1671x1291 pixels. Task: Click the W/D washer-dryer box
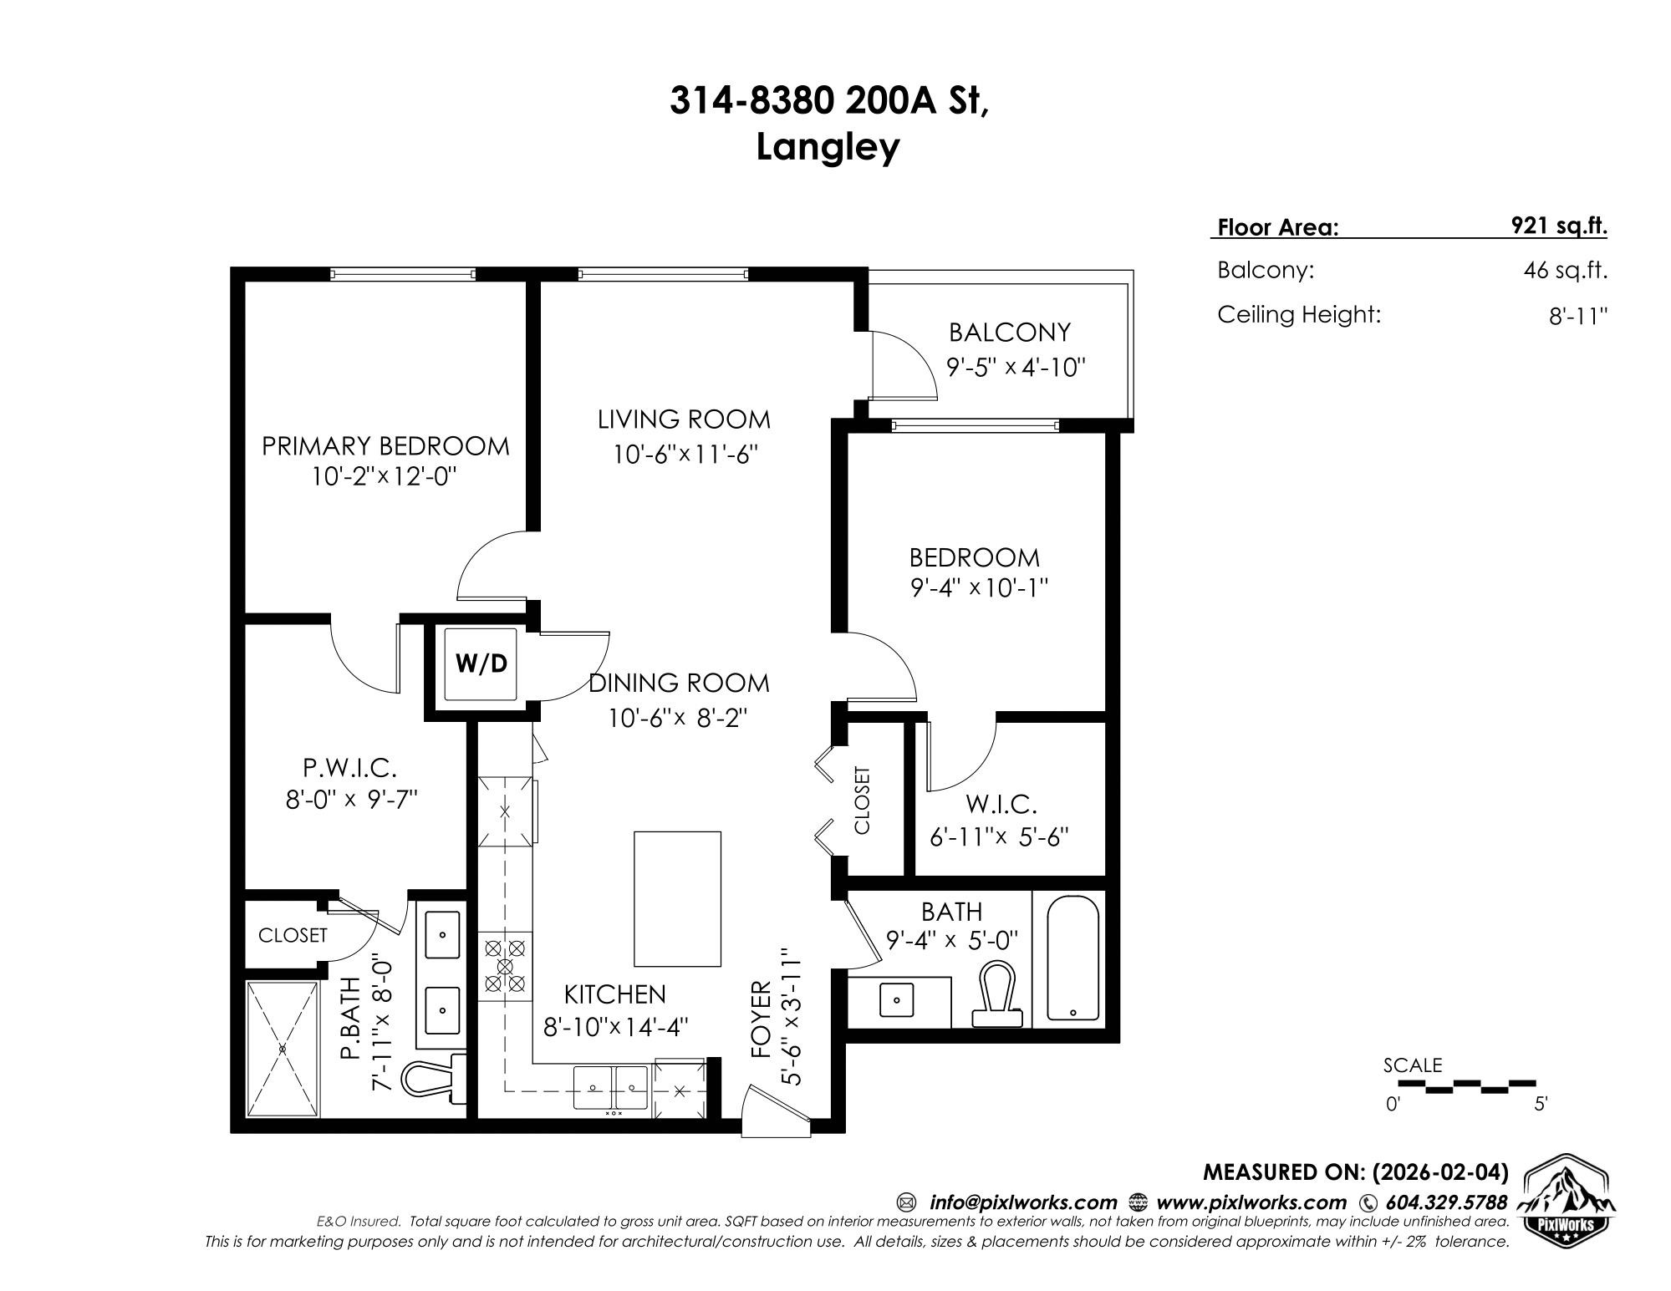(481, 663)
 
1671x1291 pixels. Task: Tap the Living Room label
(684, 419)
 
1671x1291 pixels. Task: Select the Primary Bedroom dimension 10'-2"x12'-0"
(385, 477)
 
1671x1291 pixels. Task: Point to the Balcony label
(1009, 333)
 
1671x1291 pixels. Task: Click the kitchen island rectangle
(677, 898)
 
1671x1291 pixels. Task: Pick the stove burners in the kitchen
(505, 966)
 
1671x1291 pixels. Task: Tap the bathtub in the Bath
(1072, 958)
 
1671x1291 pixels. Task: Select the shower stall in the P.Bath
(283, 1049)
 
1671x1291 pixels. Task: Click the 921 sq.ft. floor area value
(1560, 226)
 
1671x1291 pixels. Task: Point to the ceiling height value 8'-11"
(1578, 316)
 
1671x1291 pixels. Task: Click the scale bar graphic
(1467, 1086)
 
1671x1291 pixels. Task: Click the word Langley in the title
(828, 149)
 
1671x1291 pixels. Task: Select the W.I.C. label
(1001, 805)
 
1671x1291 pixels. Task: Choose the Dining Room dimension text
(677, 718)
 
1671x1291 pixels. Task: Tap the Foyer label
(761, 1019)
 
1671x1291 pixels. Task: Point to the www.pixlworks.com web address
(1251, 1202)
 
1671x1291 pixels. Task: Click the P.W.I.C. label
(349, 767)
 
